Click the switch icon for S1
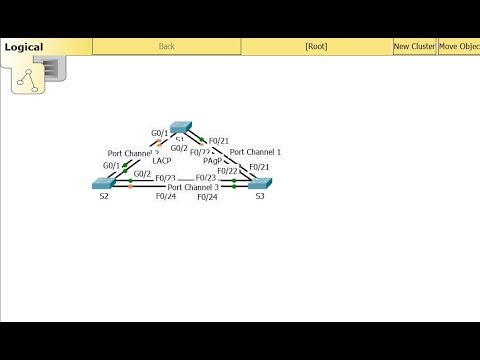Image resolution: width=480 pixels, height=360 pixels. [x=182, y=128]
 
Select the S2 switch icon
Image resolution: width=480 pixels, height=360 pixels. [x=103, y=183]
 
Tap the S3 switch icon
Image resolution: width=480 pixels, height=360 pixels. [x=260, y=183]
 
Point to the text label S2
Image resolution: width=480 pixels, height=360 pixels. [x=103, y=196]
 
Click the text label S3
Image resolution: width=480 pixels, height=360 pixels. [x=260, y=196]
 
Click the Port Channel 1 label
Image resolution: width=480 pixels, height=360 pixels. [x=255, y=152]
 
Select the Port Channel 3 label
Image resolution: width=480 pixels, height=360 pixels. [x=193, y=187]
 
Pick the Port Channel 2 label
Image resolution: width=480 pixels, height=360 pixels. [x=133, y=153]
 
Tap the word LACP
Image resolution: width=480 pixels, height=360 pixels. [x=162, y=160]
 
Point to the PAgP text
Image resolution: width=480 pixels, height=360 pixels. [x=212, y=160]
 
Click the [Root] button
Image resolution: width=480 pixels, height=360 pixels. [x=316, y=46]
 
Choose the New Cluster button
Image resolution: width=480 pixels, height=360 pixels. [x=413, y=46]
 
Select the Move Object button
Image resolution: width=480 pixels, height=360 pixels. [x=458, y=46]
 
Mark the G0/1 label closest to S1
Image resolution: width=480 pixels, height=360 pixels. [x=159, y=133]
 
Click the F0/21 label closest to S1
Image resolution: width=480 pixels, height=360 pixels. [x=219, y=140]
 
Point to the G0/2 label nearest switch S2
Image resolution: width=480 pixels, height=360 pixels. [x=142, y=174]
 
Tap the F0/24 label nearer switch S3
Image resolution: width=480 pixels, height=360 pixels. [x=207, y=197]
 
